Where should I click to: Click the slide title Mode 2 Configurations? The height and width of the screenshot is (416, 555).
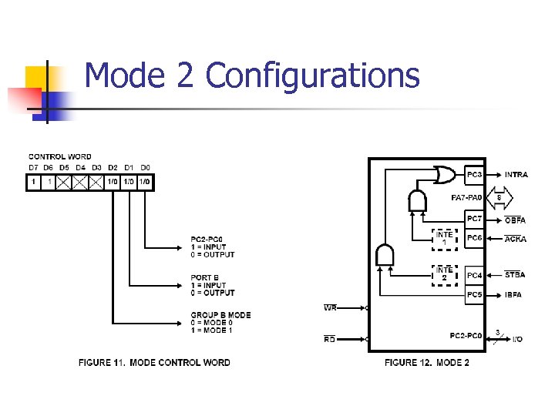click(252, 76)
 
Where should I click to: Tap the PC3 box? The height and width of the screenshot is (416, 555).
click(475, 175)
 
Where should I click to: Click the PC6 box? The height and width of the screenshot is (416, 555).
click(475, 238)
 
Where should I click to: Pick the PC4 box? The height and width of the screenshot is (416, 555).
click(475, 275)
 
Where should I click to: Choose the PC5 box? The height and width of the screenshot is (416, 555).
click(475, 294)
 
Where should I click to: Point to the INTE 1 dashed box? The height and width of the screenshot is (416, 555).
click(444, 238)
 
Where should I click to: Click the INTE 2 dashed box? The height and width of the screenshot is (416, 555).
click(444, 273)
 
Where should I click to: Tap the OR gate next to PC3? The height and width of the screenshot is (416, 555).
click(445, 176)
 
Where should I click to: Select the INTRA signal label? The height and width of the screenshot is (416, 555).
click(516, 175)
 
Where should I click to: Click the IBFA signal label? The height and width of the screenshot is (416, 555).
click(515, 294)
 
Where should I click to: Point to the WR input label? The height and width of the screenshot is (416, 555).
click(330, 307)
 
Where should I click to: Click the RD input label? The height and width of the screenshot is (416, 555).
click(330, 338)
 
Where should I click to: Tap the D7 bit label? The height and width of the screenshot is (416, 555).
click(33, 167)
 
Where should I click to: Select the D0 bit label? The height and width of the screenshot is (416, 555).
click(145, 167)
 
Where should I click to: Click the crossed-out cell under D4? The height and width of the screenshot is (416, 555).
click(81, 183)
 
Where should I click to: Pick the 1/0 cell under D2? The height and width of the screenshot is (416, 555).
click(113, 183)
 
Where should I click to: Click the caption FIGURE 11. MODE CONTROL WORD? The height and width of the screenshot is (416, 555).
click(154, 362)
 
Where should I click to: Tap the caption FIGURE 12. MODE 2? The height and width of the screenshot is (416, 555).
click(426, 362)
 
